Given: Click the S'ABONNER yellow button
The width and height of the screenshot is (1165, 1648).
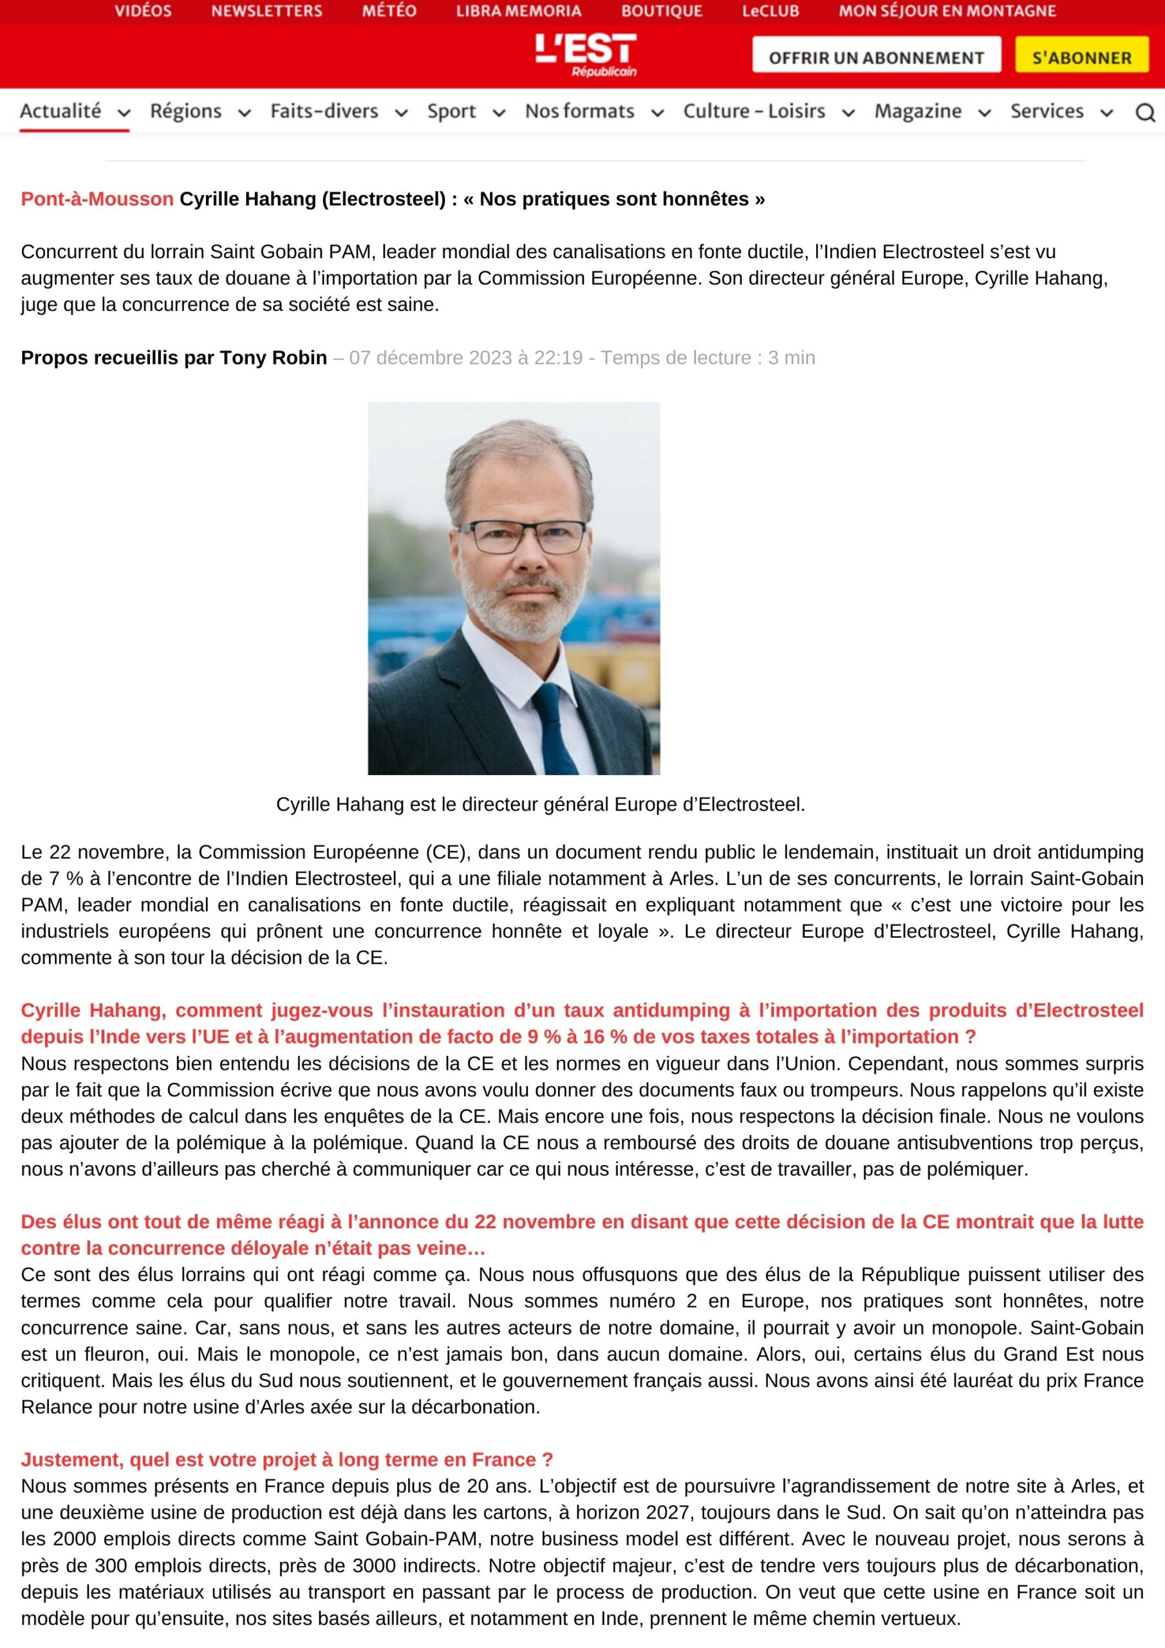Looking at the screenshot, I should (1081, 57).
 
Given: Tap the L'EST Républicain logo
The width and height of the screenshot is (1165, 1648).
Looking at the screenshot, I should (585, 55).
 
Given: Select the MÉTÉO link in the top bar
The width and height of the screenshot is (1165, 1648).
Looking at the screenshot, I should (389, 12).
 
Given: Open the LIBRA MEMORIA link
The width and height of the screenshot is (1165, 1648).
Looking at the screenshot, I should (518, 12).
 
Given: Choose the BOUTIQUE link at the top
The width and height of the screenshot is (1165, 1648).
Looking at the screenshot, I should (661, 12).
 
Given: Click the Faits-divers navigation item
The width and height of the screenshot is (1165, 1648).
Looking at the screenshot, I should (324, 111).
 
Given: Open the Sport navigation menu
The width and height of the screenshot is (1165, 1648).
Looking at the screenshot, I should (451, 111).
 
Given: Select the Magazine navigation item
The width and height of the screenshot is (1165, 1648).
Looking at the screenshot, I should (917, 111).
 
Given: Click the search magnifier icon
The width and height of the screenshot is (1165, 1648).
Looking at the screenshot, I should (1145, 113).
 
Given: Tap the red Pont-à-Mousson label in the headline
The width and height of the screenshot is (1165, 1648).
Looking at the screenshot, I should (97, 199).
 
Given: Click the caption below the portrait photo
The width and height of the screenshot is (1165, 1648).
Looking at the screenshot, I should (540, 805).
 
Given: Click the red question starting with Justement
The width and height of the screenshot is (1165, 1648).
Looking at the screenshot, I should (286, 1459).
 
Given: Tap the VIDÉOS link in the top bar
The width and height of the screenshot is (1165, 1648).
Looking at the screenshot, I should (143, 12).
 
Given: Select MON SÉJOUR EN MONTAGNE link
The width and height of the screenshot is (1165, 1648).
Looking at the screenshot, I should (947, 12).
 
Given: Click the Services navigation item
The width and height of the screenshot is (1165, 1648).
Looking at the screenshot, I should (1047, 111).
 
